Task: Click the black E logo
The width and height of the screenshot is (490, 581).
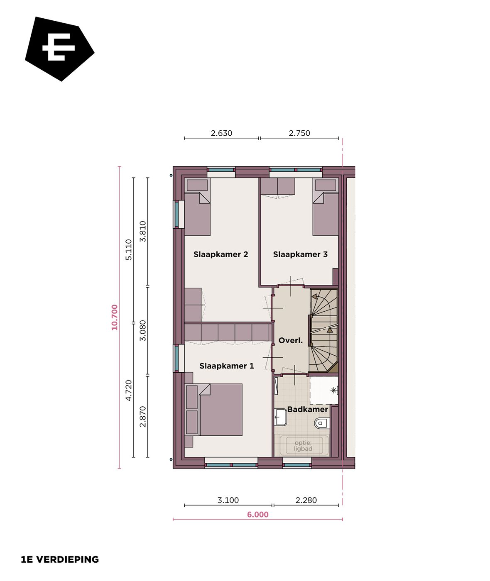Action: point(59,48)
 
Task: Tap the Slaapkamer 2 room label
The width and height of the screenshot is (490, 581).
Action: point(220,254)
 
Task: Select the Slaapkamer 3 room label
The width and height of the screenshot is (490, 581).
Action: point(300,254)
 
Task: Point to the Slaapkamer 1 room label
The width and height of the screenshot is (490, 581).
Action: point(226,366)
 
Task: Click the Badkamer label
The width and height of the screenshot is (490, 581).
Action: point(307,410)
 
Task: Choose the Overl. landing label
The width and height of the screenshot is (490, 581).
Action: point(290,341)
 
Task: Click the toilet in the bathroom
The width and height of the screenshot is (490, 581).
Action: point(321,424)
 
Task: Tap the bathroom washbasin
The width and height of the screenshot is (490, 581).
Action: point(281,417)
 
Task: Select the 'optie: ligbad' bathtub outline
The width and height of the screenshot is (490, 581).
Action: point(303,446)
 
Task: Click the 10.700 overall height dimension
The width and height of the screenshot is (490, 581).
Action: point(115,317)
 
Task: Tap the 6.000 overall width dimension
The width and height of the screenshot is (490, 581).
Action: point(257,515)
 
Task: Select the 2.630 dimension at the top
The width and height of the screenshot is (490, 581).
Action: point(221,133)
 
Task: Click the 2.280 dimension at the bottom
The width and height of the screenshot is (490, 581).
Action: point(306,500)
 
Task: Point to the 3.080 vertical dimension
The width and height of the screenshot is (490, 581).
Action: point(143,330)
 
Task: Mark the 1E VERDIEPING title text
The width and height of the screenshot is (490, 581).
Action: point(60,559)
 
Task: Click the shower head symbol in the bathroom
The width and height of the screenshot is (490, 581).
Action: point(333,391)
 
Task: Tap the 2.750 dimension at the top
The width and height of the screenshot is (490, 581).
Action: point(299,133)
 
